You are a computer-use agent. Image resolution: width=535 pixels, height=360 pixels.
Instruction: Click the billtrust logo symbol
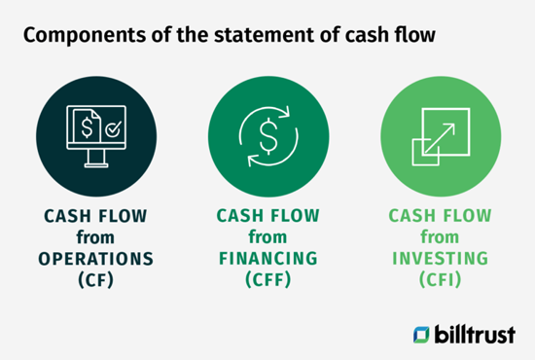pyautogui.click(x=422, y=333)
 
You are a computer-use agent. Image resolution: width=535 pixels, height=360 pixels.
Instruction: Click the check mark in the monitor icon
pyautogui.click(x=112, y=127)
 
